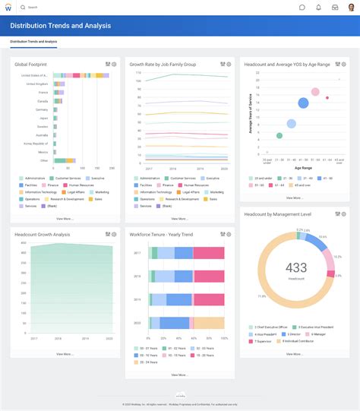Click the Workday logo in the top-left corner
pyautogui.click(x=8, y=8)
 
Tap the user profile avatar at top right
pyautogui.click(x=350, y=8)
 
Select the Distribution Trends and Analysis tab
pyautogui.click(x=33, y=42)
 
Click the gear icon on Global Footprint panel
pyautogui.click(x=114, y=65)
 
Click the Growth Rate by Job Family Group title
pyautogui.click(x=163, y=65)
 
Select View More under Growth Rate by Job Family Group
pyautogui.click(x=179, y=218)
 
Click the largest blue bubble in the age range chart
pyautogui.click(x=303, y=103)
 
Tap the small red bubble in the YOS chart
pyautogui.click(x=327, y=97)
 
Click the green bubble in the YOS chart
pyautogui.click(x=279, y=135)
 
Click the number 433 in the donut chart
pyautogui.click(x=295, y=267)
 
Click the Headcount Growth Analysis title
pyautogui.click(x=42, y=235)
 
